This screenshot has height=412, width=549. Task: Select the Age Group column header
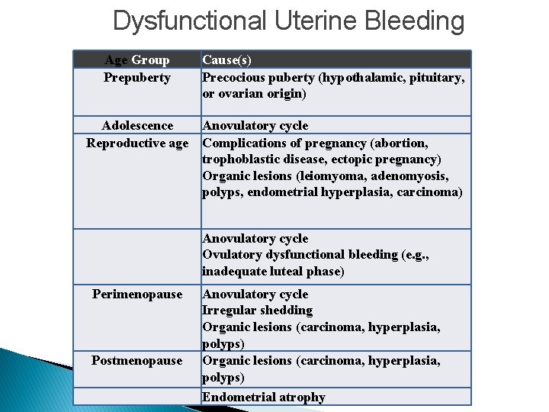click(137, 60)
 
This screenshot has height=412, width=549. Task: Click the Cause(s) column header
click(226, 60)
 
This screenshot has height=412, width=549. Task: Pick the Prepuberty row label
click(137, 77)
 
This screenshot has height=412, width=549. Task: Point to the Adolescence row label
click(137, 125)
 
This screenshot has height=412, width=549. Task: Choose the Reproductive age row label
click(137, 143)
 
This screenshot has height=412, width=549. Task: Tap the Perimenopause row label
click(137, 294)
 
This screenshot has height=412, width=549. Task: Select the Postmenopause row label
click(137, 360)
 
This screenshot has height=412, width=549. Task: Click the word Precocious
click(233, 77)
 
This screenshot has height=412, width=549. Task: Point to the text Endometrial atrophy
click(263, 397)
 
